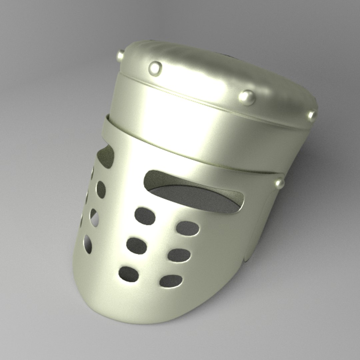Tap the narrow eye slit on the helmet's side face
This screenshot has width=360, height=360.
(106, 157)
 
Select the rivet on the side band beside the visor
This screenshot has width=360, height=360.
(279, 183)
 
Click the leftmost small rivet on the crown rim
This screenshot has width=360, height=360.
(120, 56)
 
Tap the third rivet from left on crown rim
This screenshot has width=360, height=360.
(247, 97)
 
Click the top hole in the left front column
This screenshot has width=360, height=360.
(145, 216)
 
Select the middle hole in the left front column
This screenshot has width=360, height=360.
(137, 246)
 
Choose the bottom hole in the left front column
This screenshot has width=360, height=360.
(129, 274)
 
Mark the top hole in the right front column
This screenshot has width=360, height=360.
(188, 228)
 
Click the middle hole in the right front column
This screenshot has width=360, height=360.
(179, 255)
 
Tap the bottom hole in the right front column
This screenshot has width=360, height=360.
(171, 281)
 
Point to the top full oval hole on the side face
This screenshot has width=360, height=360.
(101, 189)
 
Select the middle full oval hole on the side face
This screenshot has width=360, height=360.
(94, 218)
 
